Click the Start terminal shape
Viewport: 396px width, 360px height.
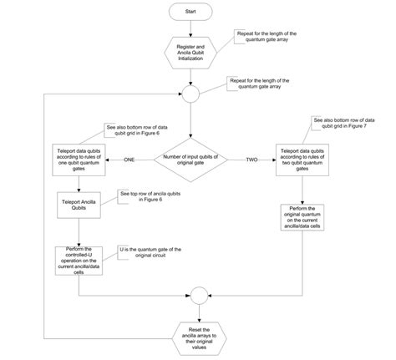[192, 13]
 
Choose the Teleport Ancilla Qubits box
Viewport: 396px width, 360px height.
[78, 205]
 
